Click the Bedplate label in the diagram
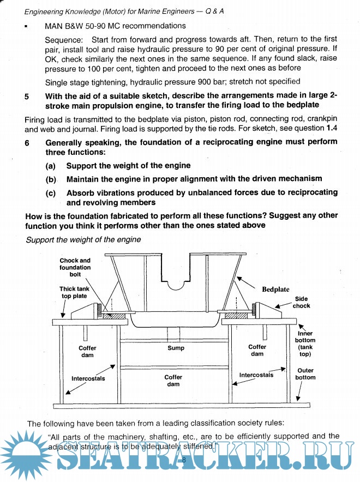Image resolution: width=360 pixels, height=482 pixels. (275, 289)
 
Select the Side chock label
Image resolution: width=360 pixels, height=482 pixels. (302, 302)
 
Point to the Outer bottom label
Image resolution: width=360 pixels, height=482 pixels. (305, 373)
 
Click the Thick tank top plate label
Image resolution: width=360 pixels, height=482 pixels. (73, 292)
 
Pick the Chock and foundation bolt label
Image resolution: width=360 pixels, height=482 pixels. (75, 267)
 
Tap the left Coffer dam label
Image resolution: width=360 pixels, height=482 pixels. (87, 351)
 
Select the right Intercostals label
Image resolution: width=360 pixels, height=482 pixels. (256, 375)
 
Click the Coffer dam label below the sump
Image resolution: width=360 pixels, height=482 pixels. (173, 380)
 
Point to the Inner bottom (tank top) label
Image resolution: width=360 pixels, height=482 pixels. (305, 344)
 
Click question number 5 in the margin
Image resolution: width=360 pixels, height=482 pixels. (27, 97)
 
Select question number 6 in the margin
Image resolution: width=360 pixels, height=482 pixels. (27, 142)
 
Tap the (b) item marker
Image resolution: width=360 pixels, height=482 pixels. (51, 179)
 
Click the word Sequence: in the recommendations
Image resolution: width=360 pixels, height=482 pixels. (64, 40)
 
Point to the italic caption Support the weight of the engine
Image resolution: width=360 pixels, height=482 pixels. (83, 239)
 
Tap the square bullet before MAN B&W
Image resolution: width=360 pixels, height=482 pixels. (26, 26)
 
